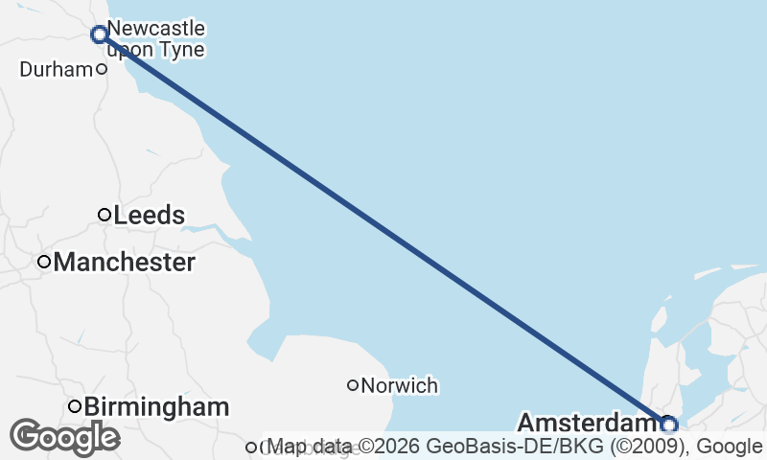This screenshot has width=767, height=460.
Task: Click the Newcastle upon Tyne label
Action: tap(156, 38)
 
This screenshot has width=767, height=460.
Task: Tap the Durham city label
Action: tap(56, 69)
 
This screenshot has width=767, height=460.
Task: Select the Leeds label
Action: tap(149, 216)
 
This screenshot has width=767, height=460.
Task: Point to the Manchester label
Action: tap(125, 262)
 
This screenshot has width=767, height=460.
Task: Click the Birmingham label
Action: tap(156, 407)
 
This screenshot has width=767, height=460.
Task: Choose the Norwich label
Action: tap(400, 386)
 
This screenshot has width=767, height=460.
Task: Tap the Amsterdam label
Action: tap(586, 423)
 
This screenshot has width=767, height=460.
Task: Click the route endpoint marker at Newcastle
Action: tap(99, 34)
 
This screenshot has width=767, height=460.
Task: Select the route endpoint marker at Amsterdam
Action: tap(668, 424)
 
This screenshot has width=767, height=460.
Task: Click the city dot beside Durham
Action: tap(101, 69)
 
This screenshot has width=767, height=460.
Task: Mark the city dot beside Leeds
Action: tap(105, 215)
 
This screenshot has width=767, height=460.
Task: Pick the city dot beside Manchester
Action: tap(44, 262)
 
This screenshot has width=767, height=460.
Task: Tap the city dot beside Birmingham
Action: tap(75, 406)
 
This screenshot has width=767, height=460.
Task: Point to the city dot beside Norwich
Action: tap(353, 385)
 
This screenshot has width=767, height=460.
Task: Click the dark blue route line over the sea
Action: tap(383, 229)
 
